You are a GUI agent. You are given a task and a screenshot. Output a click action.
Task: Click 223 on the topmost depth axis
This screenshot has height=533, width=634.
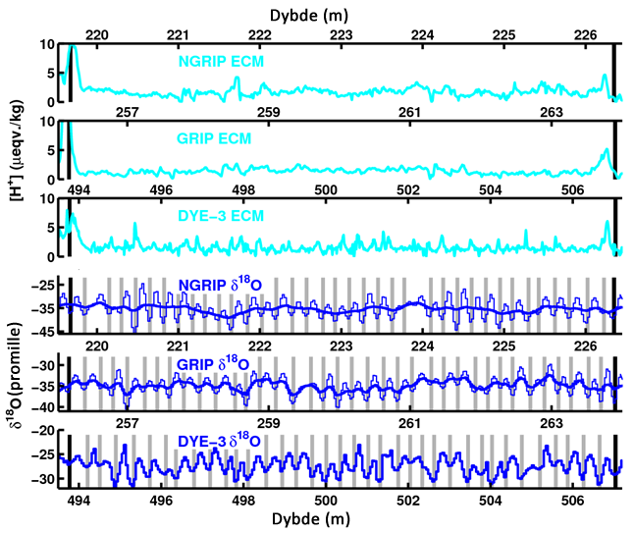[341, 35]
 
